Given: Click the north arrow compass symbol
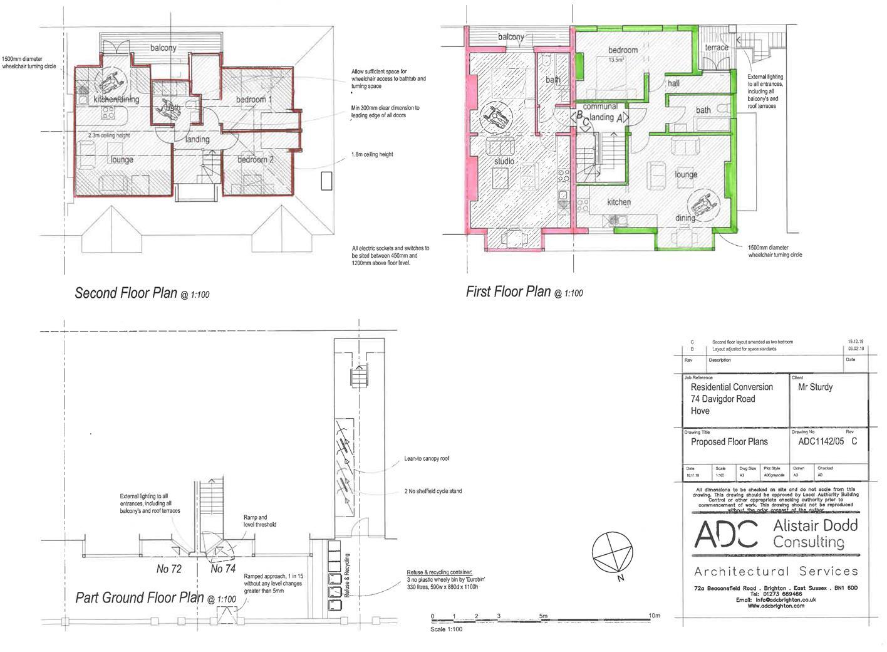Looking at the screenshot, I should pos(611,552).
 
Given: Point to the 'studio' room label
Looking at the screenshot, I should pos(504,161).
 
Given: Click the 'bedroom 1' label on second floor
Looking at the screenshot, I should pos(254,100).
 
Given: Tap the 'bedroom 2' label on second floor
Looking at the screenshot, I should pos(255,160).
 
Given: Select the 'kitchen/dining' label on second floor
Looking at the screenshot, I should pos(117,99).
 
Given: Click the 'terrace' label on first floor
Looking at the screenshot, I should pos(716,48).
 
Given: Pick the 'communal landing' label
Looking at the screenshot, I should pos(601,112).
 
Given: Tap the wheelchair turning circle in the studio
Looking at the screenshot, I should pos(495,117).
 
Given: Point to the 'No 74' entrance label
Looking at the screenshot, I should pos(223,569).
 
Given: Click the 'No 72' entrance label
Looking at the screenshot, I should pos(169,569).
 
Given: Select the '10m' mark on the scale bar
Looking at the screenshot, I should pos(654,616).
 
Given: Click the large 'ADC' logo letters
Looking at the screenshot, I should pos(726,534).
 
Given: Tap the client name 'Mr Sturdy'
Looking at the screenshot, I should pos(815,387).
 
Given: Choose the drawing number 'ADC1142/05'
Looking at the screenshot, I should pos(821,441).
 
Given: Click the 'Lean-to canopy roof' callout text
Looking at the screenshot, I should pos(426,459).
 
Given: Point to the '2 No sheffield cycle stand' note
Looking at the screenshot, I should pos(433,491).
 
